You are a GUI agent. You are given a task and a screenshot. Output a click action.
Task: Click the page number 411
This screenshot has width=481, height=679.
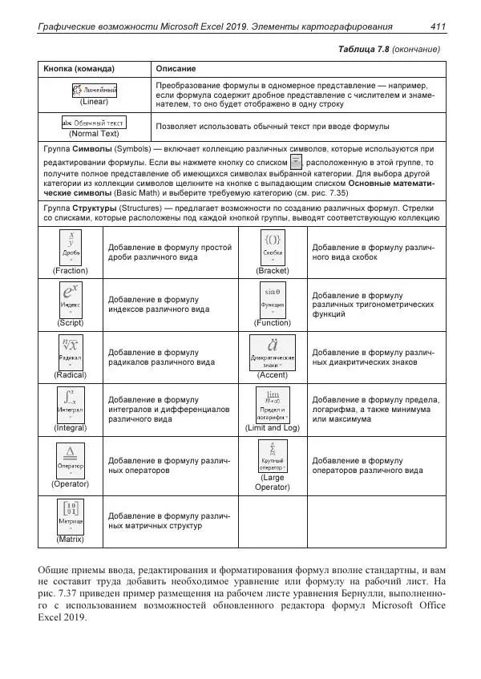(x=438, y=27)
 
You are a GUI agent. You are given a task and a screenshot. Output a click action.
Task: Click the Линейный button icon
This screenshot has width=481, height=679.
(x=95, y=90)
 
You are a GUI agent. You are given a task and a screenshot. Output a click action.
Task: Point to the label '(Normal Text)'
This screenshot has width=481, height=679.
(x=95, y=134)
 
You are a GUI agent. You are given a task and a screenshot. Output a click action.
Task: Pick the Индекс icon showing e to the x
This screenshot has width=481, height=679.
(x=71, y=298)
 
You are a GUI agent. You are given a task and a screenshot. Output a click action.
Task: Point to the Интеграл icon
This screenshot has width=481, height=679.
(x=71, y=404)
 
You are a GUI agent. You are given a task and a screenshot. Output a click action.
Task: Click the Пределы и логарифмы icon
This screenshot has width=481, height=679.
(x=273, y=404)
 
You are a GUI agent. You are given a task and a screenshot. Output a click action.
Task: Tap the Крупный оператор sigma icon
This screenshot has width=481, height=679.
(x=273, y=457)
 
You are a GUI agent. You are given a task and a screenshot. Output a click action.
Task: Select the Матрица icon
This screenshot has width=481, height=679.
(x=71, y=516)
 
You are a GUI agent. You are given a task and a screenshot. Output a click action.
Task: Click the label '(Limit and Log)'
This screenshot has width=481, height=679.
(x=273, y=428)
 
